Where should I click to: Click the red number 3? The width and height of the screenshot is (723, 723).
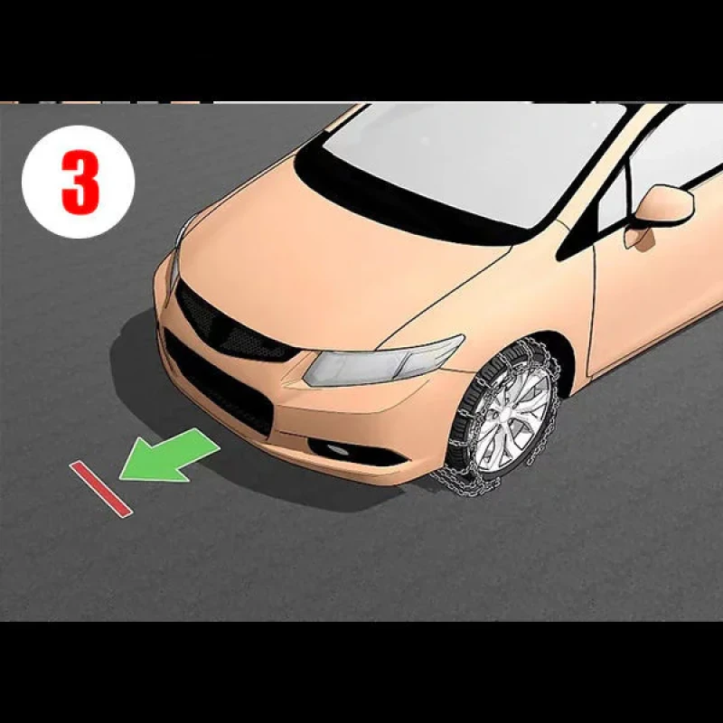[80, 182]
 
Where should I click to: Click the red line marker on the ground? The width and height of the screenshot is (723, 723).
[101, 488]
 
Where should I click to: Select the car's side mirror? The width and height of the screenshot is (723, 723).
[659, 213]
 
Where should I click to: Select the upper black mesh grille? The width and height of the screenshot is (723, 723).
[234, 324]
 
